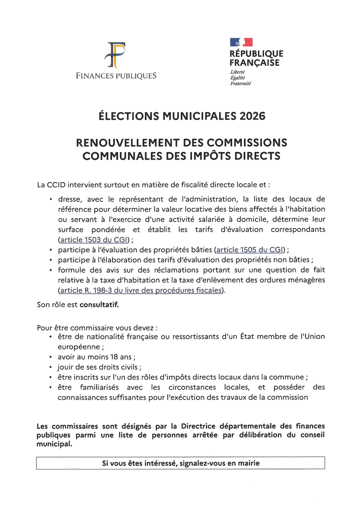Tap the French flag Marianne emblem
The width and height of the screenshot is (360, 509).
pyautogui.click(x=241, y=42)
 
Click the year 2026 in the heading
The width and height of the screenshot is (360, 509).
pyautogui.click(x=253, y=116)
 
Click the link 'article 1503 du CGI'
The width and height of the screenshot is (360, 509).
pyautogui.click(x=94, y=240)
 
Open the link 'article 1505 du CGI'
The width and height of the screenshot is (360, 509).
pyautogui.click(x=250, y=250)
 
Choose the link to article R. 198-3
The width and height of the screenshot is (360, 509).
pyautogui.click(x=140, y=290)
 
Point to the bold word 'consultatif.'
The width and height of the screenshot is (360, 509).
pyautogui.click(x=100, y=305)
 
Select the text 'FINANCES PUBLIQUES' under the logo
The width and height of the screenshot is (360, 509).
pyautogui.click(x=116, y=76)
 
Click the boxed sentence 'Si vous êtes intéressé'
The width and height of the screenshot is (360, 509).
pyautogui.click(x=180, y=463)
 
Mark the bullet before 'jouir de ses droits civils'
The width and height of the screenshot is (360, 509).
pyautogui.click(x=51, y=367)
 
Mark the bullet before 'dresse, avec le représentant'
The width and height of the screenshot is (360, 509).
pyautogui.click(x=51, y=199)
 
